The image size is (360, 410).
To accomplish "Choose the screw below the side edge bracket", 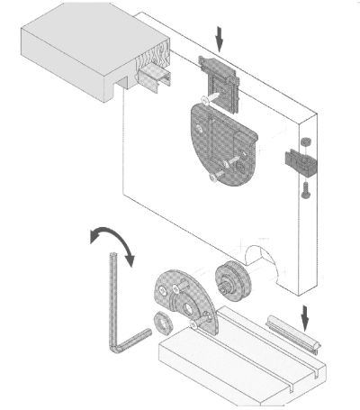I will coord(304,188).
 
